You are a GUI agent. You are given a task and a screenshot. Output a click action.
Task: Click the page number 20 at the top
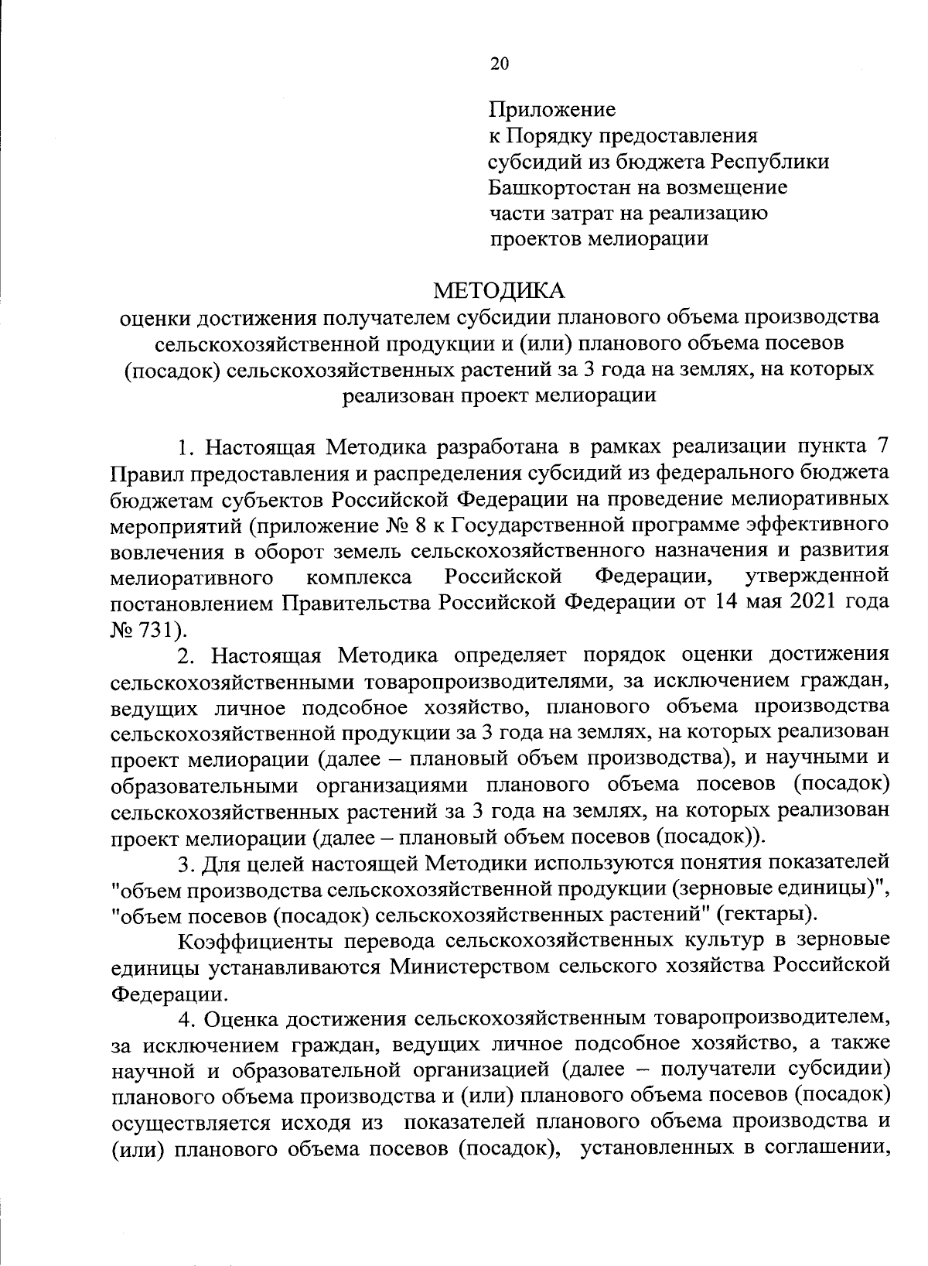tap(500, 64)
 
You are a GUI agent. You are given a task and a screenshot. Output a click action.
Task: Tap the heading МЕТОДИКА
tap(499, 291)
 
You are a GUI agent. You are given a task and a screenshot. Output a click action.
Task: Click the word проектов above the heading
tap(536, 239)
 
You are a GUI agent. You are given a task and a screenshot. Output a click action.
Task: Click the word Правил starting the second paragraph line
tap(142, 473)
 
